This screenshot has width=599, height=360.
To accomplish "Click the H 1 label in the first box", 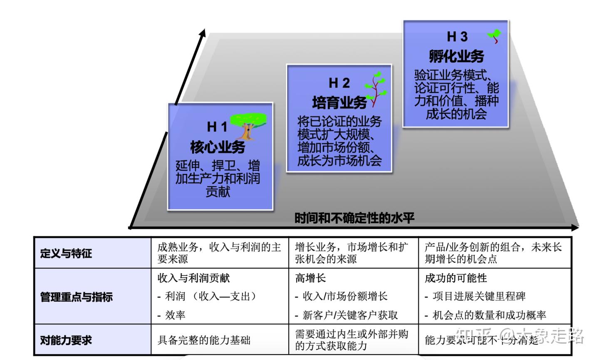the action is (x=217, y=127).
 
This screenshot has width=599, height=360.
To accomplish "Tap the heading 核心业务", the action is (x=218, y=146).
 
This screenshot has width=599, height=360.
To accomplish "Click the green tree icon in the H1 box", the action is (x=248, y=125).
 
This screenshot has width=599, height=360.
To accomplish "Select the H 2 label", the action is (x=339, y=83).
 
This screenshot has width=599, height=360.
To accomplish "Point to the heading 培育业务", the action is (x=339, y=102).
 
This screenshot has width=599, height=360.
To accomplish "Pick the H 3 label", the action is (x=457, y=37).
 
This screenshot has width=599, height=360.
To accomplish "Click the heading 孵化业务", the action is (x=456, y=56).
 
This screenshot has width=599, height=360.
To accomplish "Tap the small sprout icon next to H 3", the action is (x=494, y=36).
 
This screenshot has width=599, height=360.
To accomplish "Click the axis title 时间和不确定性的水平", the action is (x=354, y=218).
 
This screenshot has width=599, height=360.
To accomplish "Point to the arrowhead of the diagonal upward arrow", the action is (x=203, y=33).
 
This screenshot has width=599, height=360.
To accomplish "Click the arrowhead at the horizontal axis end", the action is (x=575, y=227).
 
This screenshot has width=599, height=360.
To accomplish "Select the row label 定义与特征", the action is (x=66, y=253).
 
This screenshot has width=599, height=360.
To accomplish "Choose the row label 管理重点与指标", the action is (x=76, y=297).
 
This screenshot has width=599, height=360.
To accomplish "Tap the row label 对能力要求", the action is (x=66, y=340).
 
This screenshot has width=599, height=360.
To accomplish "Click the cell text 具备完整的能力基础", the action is (x=204, y=340).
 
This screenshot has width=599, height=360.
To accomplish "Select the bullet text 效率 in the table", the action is (x=175, y=315).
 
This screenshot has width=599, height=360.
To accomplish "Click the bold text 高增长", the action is (x=310, y=278).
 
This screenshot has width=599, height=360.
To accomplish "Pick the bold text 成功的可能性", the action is (x=455, y=278).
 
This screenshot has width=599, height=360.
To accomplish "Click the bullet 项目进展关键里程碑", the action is (x=479, y=296).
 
